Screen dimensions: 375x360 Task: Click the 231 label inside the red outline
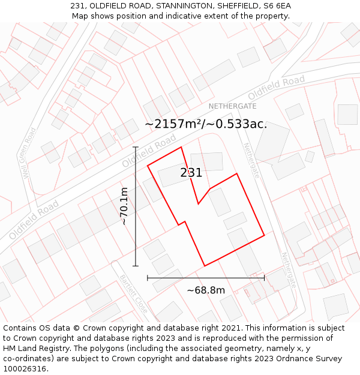click(191, 173)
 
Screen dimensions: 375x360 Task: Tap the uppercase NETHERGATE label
click(232, 106)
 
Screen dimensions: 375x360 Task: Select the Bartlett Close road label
click(133, 295)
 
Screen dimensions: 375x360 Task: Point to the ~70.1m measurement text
click(124, 206)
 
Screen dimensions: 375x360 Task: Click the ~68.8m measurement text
click(206, 290)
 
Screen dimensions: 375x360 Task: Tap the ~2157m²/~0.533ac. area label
click(206, 124)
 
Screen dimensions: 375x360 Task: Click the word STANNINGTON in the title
click(184, 6)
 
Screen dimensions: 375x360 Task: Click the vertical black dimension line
click(136, 206)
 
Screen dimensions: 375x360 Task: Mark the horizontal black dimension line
click(206, 278)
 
